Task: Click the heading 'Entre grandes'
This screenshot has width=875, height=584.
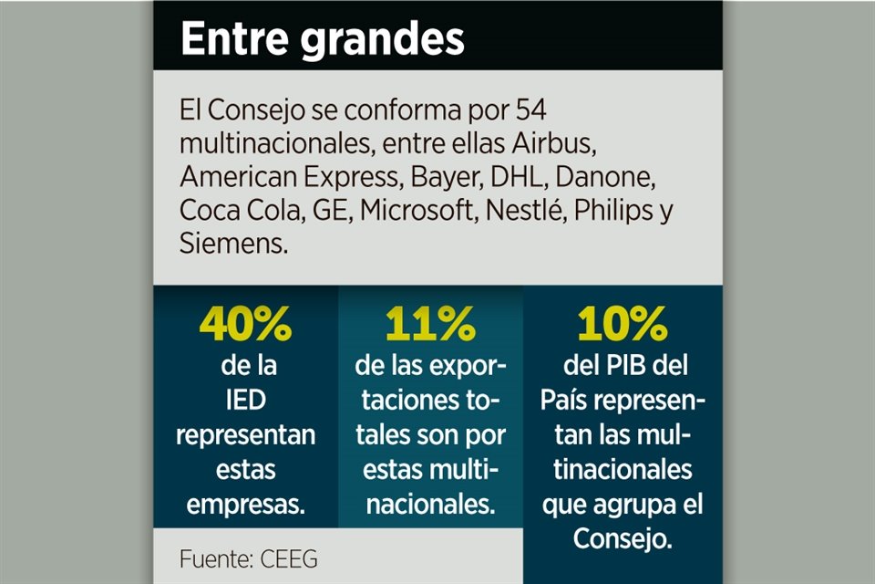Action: point(322,40)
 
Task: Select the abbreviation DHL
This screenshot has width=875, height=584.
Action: point(520,176)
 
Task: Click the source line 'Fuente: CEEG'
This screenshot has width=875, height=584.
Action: point(248,558)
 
